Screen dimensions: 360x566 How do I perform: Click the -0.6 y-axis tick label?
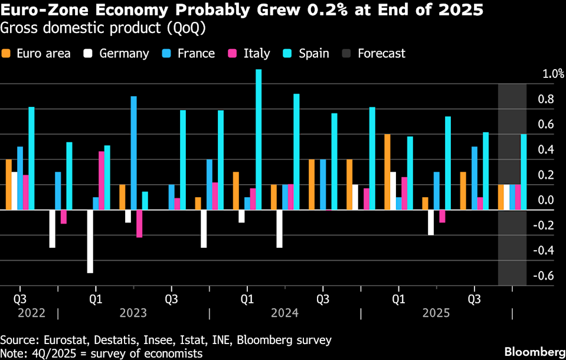click(x=544, y=276)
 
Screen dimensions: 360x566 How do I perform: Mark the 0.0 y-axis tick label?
click(x=544, y=200)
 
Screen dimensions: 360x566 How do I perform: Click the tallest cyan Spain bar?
click(x=259, y=139)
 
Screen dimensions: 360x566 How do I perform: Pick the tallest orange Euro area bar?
click(x=387, y=172)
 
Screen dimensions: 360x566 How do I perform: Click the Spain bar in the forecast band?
click(x=523, y=172)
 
